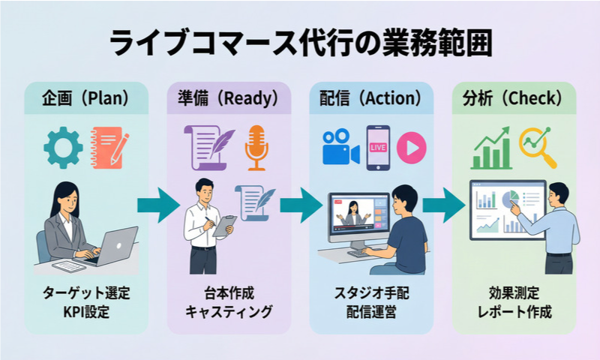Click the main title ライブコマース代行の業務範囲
pos(300,43)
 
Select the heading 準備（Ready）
pos(229,98)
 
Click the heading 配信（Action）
pos(371,98)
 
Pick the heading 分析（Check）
pos(514,98)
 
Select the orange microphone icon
pos(256,146)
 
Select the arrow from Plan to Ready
pos(157,205)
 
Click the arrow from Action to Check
pos(442,205)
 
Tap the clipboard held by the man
pos(223,225)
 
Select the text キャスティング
pos(229,311)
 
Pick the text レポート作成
pos(514,311)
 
